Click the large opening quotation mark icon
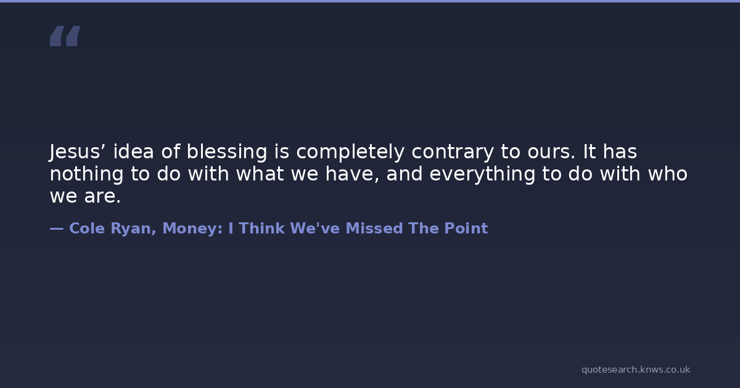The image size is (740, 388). coord(65,36)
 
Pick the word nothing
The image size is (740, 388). coord(86,174)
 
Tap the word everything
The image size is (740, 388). coord(482,174)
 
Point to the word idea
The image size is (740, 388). coord(133,152)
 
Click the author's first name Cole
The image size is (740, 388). coord(87,228)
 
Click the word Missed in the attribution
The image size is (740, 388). coord(374,228)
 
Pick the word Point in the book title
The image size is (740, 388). coord(466,228)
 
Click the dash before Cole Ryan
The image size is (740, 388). coord(57,228)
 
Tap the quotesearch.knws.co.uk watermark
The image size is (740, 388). coord(636,370)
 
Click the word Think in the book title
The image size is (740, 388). coord(261,228)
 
